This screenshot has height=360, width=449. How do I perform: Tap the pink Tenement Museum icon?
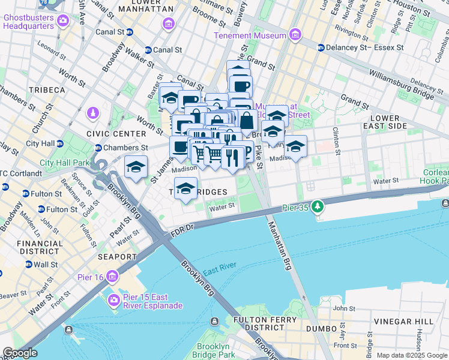tap(294, 36)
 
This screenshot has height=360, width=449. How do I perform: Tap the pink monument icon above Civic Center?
tap(93, 113)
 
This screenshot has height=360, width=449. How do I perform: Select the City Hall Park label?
tap(64, 163)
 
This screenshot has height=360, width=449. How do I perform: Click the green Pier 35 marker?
tap(317, 208)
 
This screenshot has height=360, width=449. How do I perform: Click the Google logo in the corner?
tap(20, 353)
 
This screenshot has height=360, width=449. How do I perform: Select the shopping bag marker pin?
tap(246, 121)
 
